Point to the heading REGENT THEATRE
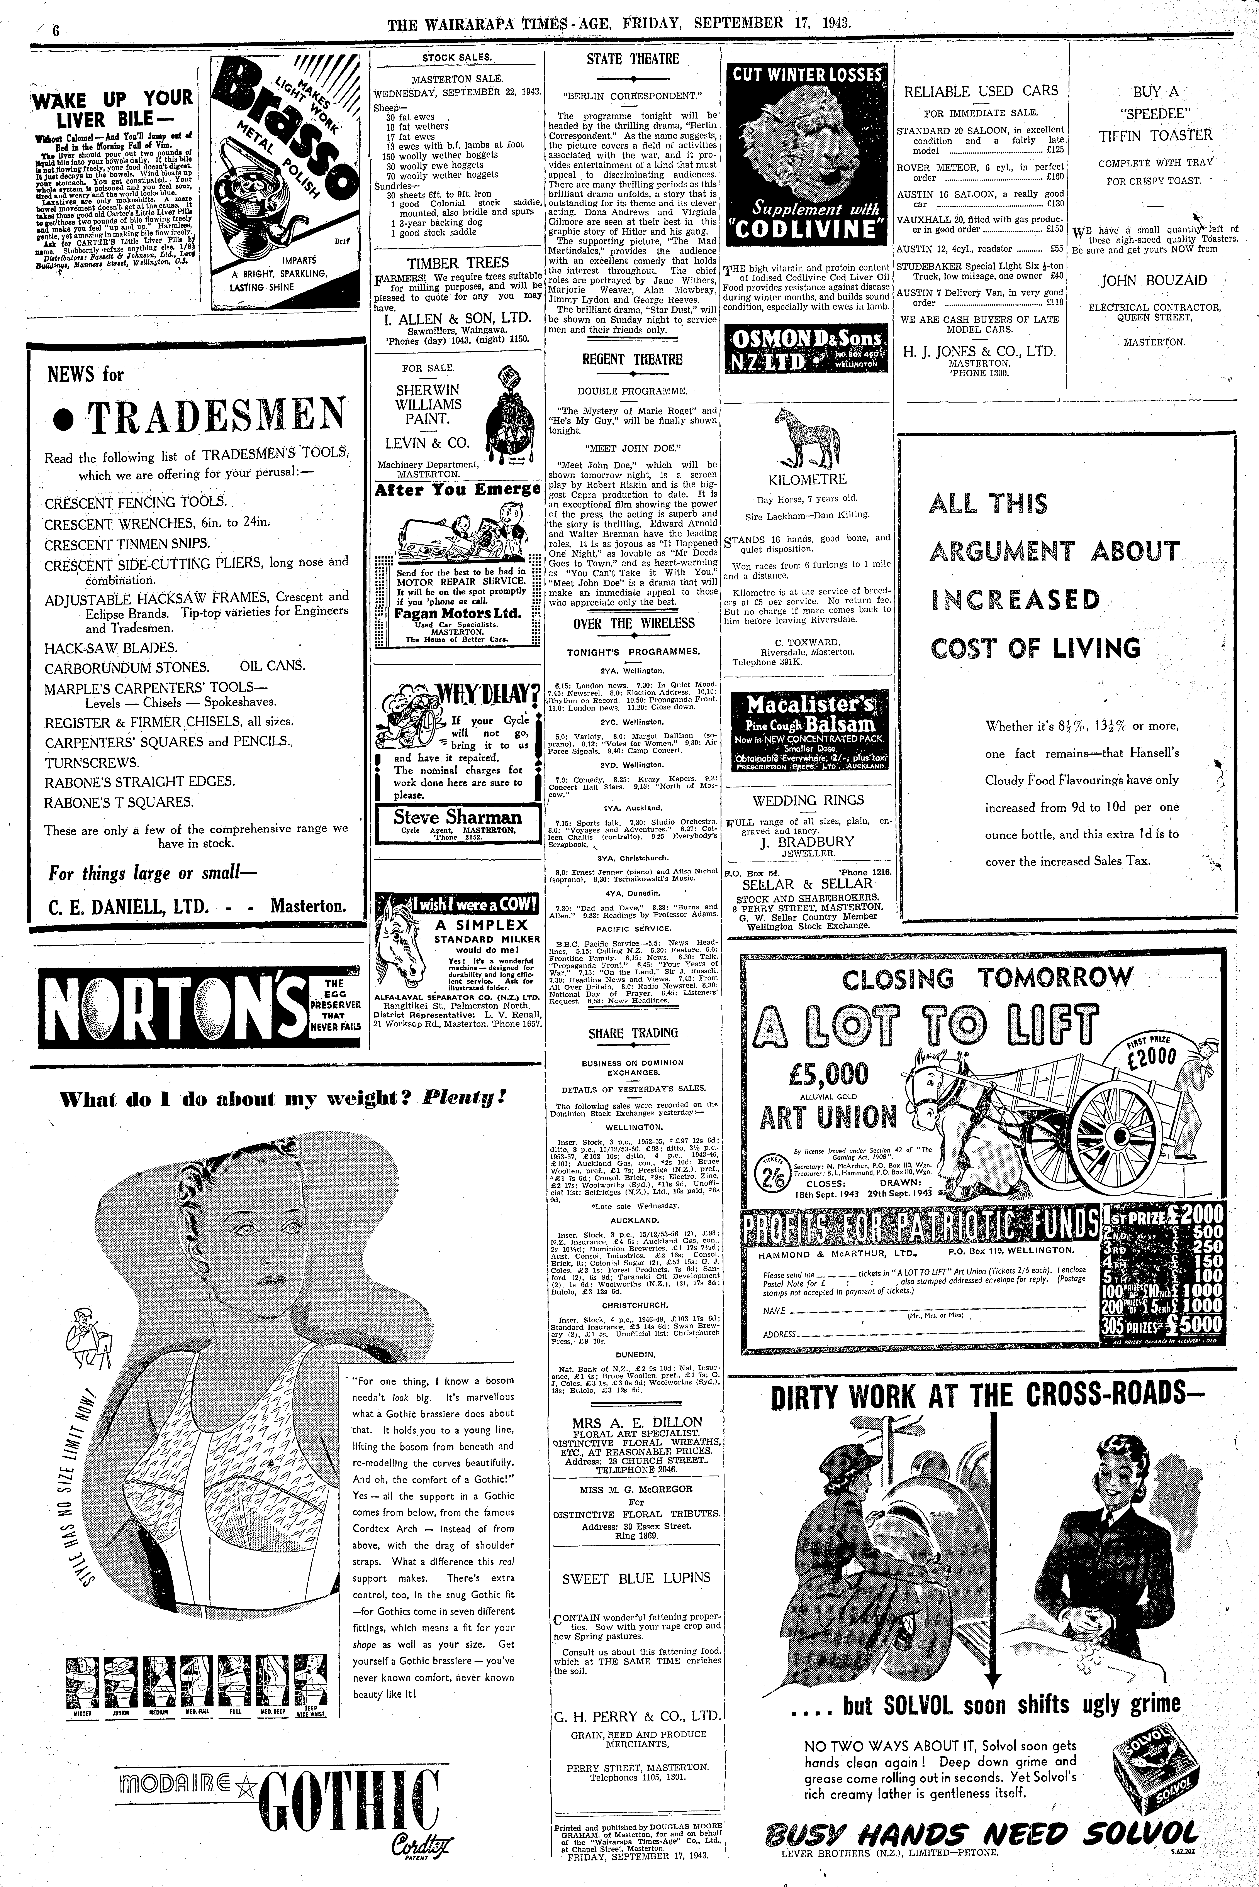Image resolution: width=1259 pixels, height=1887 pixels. point(633,360)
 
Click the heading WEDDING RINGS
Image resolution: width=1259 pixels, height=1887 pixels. point(808,800)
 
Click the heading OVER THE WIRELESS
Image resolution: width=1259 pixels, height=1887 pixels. point(633,624)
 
